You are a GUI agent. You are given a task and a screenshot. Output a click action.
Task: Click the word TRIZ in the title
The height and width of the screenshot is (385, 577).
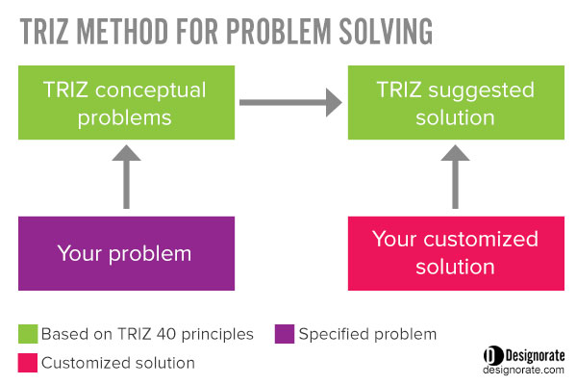click(x=44, y=32)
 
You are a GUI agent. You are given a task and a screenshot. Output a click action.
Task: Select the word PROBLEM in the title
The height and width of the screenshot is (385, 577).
click(x=279, y=32)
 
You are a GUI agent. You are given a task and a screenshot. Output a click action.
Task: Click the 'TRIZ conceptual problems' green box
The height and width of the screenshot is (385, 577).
click(x=126, y=102)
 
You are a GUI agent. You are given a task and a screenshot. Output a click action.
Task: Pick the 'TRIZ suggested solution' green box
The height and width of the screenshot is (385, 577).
click(x=456, y=102)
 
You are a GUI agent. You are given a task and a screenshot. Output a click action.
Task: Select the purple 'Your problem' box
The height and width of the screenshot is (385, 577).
click(x=126, y=253)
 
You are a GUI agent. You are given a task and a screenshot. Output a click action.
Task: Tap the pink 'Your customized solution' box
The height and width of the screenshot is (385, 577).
click(x=456, y=253)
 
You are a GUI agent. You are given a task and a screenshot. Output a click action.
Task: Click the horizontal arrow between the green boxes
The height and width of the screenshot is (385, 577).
click(x=290, y=102)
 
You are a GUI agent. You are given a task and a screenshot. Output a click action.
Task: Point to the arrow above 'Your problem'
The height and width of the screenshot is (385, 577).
click(x=126, y=177)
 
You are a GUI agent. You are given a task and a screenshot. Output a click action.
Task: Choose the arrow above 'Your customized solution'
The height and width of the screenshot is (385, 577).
click(x=455, y=177)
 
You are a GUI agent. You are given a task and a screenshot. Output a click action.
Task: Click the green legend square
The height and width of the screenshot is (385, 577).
click(x=28, y=334)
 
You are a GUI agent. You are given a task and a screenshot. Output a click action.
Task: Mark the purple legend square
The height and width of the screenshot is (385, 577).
click(x=285, y=334)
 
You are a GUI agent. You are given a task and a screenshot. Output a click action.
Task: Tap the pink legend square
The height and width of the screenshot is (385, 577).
click(x=28, y=363)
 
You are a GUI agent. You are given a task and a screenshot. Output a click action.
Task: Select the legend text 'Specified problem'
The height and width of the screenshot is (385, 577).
click(x=367, y=335)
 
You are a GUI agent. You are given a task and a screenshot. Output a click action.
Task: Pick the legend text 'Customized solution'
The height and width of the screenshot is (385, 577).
click(x=118, y=363)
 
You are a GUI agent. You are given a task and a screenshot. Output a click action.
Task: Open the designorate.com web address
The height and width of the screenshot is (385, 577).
click(x=523, y=370)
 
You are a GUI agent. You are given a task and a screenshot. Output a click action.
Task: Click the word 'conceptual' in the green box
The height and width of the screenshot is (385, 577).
click(x=150, y=90)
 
